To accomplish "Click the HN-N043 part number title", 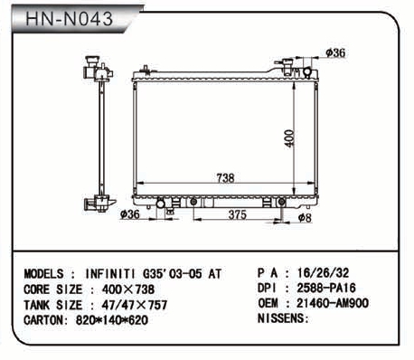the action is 70,19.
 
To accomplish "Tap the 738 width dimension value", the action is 225,178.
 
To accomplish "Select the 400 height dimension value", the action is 289,138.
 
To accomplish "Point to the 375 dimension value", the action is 238,214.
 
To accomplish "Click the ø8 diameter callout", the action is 305,217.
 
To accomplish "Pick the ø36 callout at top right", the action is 335,53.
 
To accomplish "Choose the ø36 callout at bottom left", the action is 130,214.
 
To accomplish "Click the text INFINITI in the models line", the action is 110,274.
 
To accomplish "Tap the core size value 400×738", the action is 128,289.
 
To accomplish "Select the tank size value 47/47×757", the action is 134,305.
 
